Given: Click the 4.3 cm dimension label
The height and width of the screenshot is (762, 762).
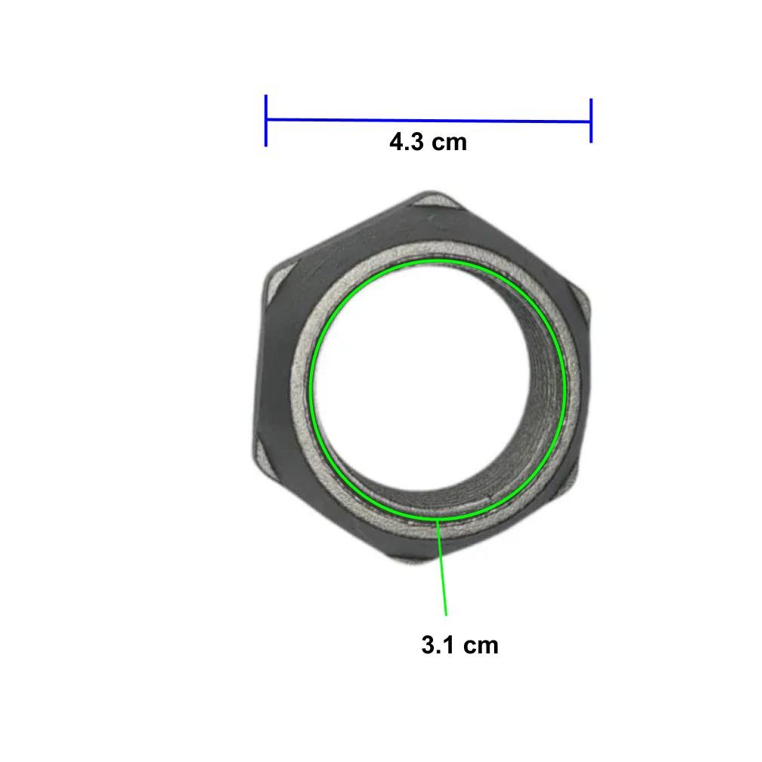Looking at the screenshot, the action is point(428,142).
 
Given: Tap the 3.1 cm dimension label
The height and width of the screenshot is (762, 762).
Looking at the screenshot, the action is point(459,645).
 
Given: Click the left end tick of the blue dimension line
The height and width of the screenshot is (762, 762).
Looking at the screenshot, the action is point(266,121).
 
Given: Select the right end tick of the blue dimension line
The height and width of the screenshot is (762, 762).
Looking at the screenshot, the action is point(591,121).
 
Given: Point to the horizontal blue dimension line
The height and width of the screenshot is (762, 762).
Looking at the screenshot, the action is point(428,120).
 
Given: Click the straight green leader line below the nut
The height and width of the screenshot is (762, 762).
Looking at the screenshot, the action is point(442,567).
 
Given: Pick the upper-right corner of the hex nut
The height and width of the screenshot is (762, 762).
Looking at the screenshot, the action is point(587,297).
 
